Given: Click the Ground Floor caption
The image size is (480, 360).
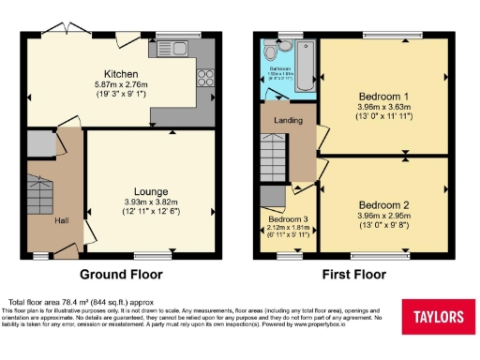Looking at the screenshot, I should point(121,275).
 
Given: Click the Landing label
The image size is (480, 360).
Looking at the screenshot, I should point(287,121).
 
